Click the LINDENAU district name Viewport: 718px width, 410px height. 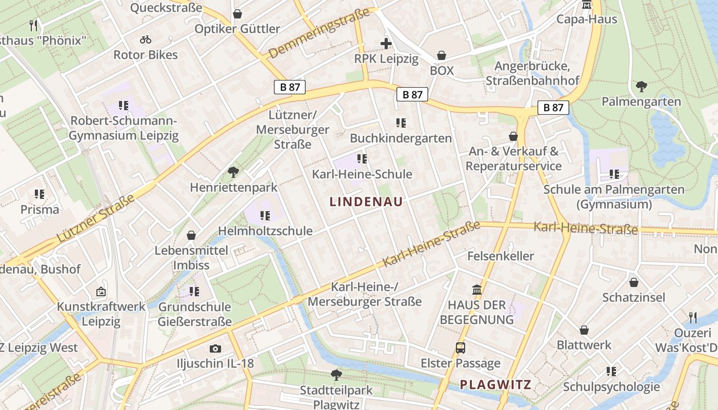(x=366, y=201)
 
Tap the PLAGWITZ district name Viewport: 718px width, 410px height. (x=495, y=384)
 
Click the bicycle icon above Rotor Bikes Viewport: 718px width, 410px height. (x=146, y=39)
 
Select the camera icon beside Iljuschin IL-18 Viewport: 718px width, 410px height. (x=215, y=349)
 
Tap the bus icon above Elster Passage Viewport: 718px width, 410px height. (x=461, y=348)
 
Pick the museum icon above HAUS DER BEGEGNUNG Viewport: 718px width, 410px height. (x=477, y=290)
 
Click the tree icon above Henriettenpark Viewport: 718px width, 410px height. (x=233, y=172)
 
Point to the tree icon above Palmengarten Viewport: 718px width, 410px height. (x=641, y=86)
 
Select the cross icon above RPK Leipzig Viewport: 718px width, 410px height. (x=386, y=44)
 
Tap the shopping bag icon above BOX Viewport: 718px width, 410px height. (x=442, y=55)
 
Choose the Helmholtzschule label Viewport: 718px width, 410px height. (x=265, y=231)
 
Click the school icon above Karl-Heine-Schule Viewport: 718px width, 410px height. (x=362, y=159)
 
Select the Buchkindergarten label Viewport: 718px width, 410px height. (x=401, y=138)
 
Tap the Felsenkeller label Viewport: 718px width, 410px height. (x=500, y=256)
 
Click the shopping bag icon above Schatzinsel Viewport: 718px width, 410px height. (x=634, y=282)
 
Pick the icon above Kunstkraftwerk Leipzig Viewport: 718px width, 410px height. (x=101, y=292)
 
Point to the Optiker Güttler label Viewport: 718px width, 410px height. (x=237, y=29)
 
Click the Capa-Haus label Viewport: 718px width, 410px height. (x=587, y=19)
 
